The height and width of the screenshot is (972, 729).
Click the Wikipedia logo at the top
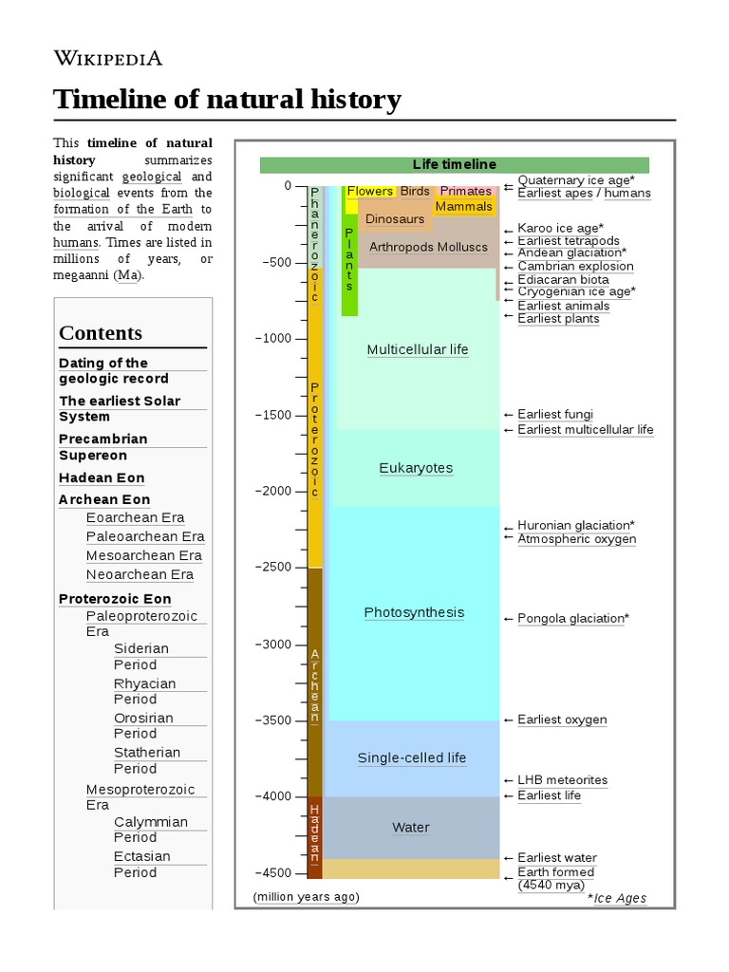coord(107,58)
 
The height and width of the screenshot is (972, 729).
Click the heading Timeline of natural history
coord(227,100)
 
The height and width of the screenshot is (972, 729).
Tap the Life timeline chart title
coord(454,164)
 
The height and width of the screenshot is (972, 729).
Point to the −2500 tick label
coord(272,567)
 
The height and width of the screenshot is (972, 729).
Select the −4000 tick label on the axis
coord(272,796)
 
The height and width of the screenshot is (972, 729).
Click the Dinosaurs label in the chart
coord(395,219)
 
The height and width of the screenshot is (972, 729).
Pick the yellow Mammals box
coord(464,206)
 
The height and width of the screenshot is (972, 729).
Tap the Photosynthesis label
coord(414,612)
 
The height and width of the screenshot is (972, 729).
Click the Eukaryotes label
coord(416,468)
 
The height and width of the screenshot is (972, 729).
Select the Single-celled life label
coord(412,758)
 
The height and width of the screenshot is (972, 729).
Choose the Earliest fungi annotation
coord(555,414)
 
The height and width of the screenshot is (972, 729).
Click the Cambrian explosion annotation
coord(575,267)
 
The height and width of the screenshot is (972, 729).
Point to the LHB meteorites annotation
coord(562,780)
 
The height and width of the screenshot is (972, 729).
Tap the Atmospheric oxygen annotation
coord(576,539)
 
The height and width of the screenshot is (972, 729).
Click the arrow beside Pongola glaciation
coord(509,619)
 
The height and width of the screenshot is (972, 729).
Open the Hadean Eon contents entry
coord(102,478)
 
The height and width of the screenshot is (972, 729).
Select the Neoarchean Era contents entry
coord(140,574)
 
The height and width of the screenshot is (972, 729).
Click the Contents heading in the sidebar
coord(101,333)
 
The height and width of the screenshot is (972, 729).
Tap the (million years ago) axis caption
coord(306,896)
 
